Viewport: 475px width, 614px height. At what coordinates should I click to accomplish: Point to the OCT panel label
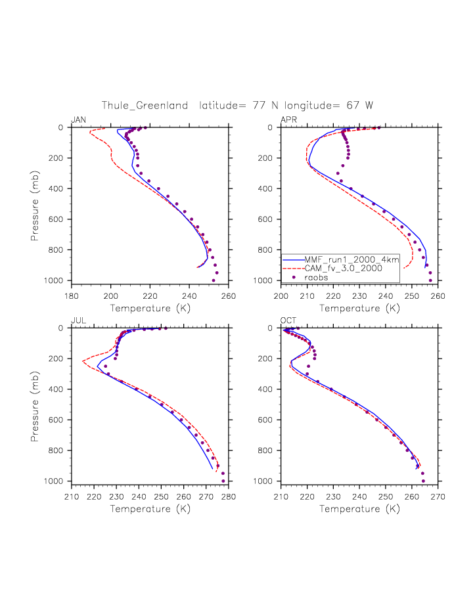(288, 320)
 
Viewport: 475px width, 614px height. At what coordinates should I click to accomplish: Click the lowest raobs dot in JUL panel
(223, 481)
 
